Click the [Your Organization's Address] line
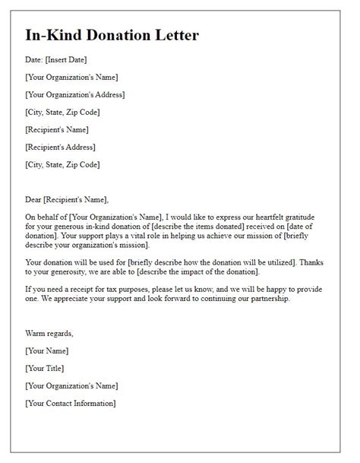click(74, 95)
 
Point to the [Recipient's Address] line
click(60, 147)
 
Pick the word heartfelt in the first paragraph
click(258, 217)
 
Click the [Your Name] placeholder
click(46, 350)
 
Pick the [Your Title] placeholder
click(45, 368)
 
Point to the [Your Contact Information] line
click(70, 403)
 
